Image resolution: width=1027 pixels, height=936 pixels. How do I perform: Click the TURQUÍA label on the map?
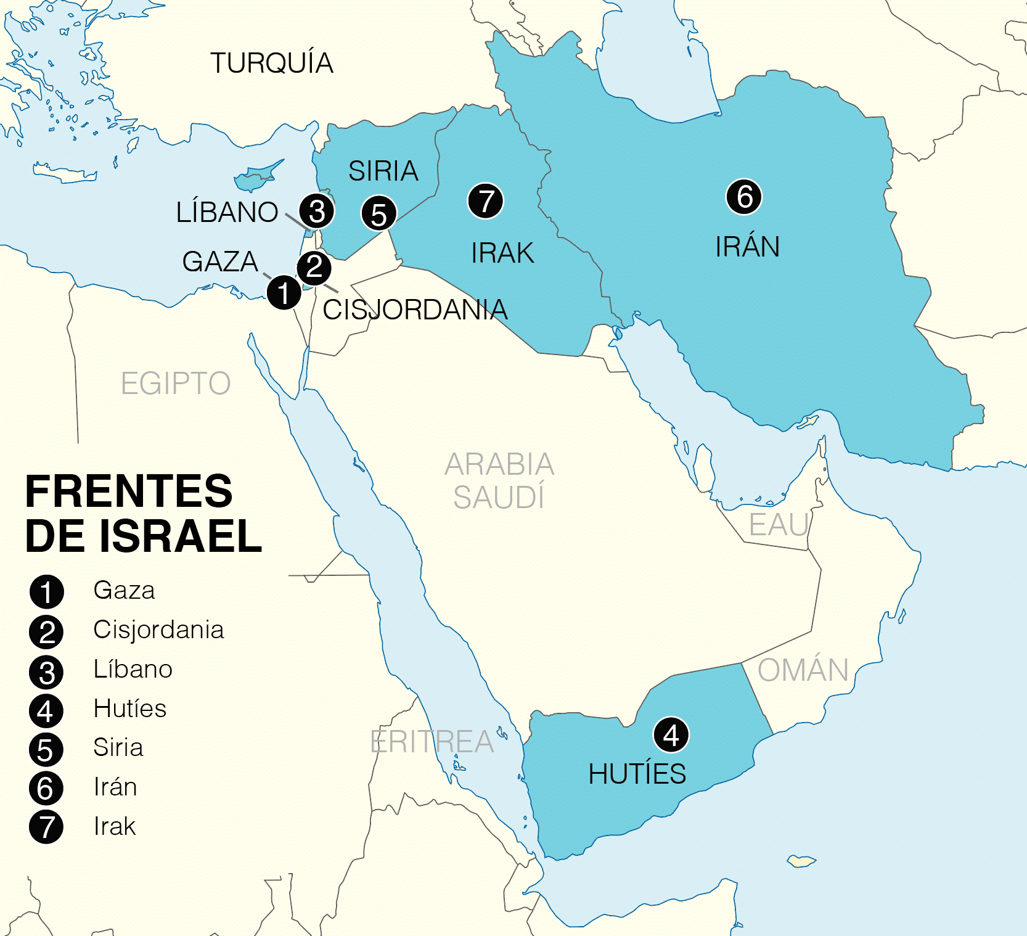coord(272,63)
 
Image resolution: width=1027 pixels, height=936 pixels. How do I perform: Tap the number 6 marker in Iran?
coord(744,197)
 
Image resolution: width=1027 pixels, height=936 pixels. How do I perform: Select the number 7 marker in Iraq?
coord(486,201)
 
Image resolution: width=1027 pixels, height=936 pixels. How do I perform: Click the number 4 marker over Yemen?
coord(671,735)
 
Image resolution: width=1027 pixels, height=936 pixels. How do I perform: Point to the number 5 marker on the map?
coord(378,213)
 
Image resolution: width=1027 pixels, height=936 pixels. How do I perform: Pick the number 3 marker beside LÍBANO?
coord(317,211)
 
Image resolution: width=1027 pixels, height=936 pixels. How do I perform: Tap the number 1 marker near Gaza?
coord(284,292)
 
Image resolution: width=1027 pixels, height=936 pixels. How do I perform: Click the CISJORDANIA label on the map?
coord(415,310)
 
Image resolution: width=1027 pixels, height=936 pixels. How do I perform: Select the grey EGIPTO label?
coord(176,384)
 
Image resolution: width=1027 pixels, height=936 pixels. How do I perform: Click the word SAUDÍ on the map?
coord(499,497)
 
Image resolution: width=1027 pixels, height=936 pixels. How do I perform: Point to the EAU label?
coord(779,525)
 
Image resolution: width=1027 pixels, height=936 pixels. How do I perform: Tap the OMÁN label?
coord(803,670)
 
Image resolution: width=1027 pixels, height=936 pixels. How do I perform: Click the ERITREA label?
coord(432,742)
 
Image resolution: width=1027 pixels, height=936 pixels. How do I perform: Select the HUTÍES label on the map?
coord(637,774)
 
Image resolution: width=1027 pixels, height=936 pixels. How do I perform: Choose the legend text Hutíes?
coord(129,708)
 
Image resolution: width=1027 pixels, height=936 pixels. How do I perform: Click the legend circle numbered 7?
coord(46,827)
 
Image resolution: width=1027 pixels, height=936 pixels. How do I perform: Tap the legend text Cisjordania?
coord(158,630)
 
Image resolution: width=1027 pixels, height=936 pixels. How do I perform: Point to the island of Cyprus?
coord(258,177)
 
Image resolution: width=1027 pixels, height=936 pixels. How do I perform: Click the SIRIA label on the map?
coord(383,171)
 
